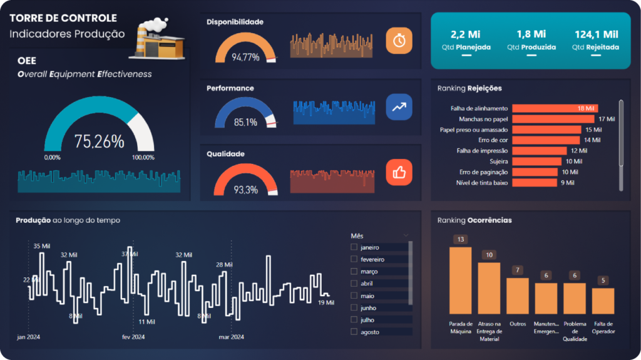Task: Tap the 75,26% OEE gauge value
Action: pos(99,141)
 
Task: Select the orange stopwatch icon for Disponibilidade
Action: pos(399,41)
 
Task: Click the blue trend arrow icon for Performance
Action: pos(399,106)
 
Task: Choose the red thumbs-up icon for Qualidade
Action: pos(399,172)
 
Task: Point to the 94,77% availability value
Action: pos(245,57)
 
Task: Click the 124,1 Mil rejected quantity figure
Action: pos(596,34)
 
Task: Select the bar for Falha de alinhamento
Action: pos(555,108)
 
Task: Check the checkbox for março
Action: pos(354,271)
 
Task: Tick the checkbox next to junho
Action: pos(354,307)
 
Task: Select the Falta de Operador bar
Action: pos(603,301)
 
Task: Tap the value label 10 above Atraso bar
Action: pos(489,255)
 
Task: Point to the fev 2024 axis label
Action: pos(133,337)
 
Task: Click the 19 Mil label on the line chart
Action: pos(326,302)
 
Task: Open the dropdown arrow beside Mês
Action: pos(407,236)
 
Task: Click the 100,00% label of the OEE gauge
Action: pos(143,158)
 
